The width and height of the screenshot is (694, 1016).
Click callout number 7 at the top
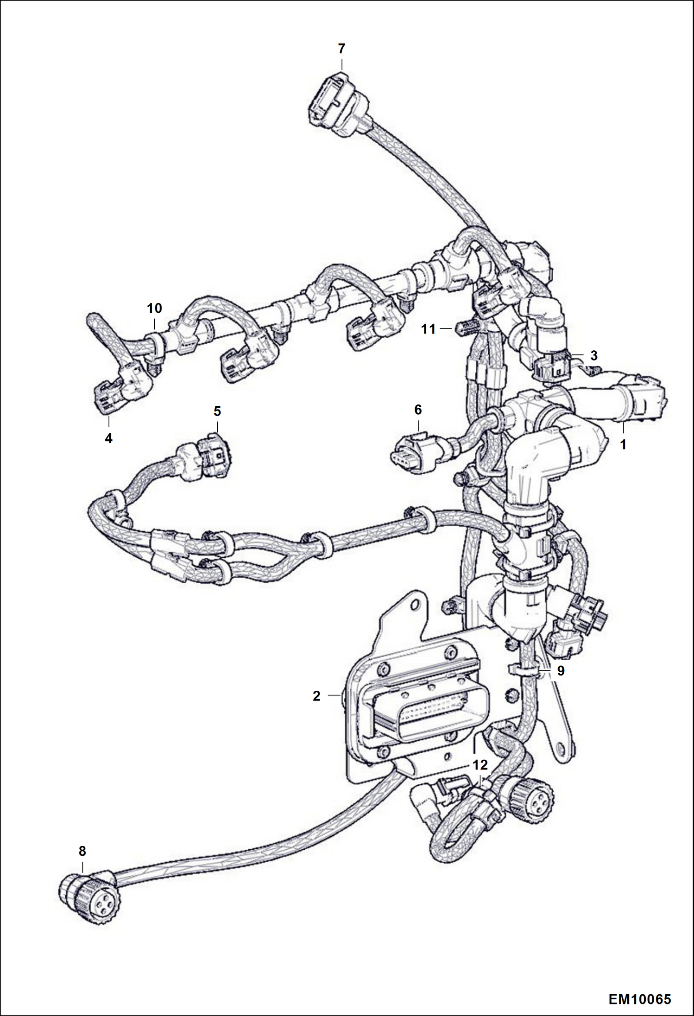pyautogui.click(x=341, y=49)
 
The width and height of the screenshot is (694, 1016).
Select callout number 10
pyautogui.click(x=155, y=308)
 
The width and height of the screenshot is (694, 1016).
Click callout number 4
pyautogui.click(x=108, y=438)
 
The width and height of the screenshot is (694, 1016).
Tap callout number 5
pyautogui.click(x=217, y=411)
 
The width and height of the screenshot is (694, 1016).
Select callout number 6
pyautogui.click(x=418, y=410)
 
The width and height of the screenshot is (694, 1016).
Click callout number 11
pyautogui.click(x=429, y=329)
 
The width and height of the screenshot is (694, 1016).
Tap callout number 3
pyautogui.click(x=594, y=356)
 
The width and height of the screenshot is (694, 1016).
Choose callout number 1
pyautogui.click(x=623, y=445)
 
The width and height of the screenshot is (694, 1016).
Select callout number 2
pyautogui.click(x=316, y=696)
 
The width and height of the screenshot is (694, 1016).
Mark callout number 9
pyautogui.click(x=561, y=671)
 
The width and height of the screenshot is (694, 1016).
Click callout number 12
pyautogui.click(x=480, y=764)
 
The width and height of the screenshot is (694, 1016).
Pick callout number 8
pyautogui.click(x=82, y=851)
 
